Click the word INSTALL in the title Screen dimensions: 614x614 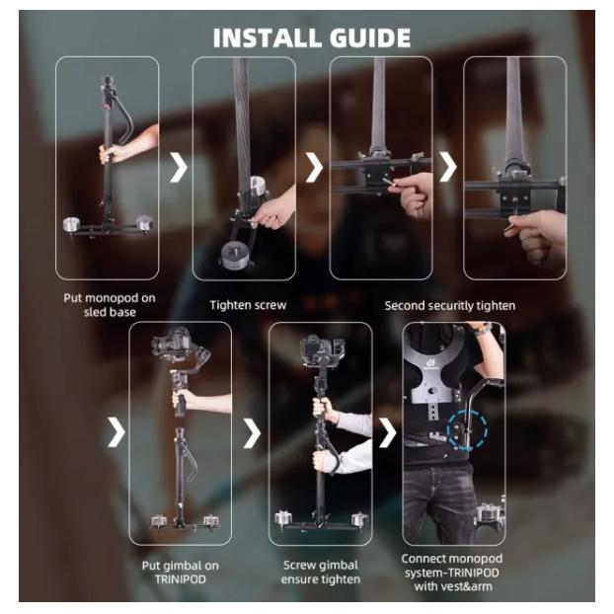[269, 38]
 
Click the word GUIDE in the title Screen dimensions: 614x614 [370, 38]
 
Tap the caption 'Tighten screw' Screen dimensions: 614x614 [248, 305]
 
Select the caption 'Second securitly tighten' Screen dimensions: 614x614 [450, 306]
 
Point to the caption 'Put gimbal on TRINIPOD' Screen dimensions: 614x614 [180, 573]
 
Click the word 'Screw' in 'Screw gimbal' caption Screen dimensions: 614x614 [299, 565]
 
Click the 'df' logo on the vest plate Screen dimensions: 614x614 [430, 363]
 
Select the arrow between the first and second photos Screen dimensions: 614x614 [179, 168]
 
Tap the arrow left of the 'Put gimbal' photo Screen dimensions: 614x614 [115, 432]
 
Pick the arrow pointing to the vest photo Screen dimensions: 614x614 [388, 432]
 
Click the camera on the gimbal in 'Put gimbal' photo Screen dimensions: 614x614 [169, 342]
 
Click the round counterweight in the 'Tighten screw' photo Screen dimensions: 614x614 [233, 256]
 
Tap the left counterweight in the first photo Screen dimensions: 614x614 [72, 224]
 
